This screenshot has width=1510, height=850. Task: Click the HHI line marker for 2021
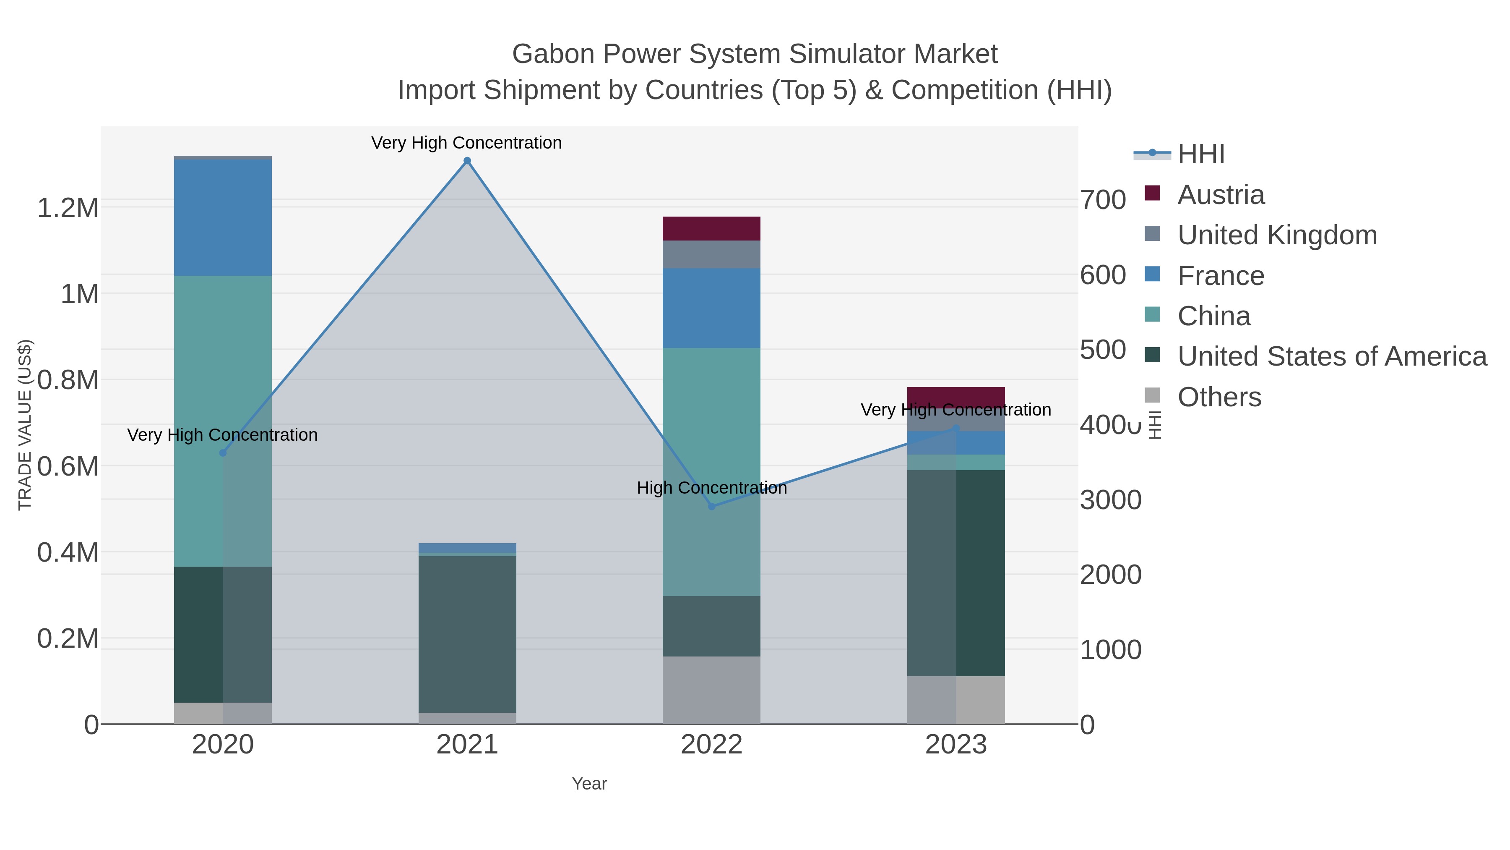(x=467, y=161)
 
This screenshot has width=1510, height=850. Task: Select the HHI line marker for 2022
(x=712, y=506)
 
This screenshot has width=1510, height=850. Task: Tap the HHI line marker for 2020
(x=223, y=453)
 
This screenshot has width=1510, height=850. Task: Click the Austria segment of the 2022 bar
(x=712, y=228)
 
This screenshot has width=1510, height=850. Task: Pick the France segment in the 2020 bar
(x=223, y=217)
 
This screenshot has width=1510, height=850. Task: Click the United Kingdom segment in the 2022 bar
(x=712, y=254)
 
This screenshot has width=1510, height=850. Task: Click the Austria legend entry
(x=1221, y=195)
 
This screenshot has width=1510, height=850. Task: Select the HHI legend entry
(x=1200, y=154)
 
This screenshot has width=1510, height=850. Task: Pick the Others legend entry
(x=1219, y=397)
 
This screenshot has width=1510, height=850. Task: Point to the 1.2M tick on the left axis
(x=68, y=208)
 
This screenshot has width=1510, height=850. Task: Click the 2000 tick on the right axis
(x=1110, y=575)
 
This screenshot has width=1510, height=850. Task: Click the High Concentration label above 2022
(x=712, y=488)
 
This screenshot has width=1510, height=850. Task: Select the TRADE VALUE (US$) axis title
(x=25, y=425)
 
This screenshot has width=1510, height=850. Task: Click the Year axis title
(x=589, y=784)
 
